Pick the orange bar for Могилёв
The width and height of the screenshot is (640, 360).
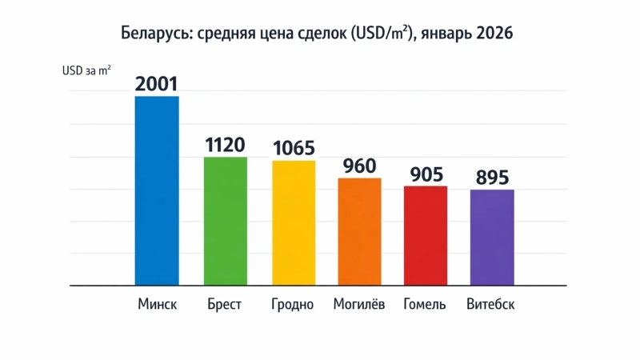click(359, 231)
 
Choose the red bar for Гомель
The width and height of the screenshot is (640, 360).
click(426, 235)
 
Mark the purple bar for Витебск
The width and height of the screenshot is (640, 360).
click(492, 237)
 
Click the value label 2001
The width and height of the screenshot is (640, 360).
click(156, 84)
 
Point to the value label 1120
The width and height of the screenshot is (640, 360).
click(225, 145)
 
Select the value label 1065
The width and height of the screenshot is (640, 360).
click(294, 148)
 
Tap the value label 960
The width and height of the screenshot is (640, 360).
click(359, 166)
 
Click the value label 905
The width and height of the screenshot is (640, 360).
click(426, 174)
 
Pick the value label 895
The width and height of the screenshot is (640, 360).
click(492, 178)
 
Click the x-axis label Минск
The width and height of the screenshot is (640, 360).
click(157, 305)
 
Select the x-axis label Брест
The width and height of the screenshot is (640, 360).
click(224, 305)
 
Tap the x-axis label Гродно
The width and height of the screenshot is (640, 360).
click(293, 306)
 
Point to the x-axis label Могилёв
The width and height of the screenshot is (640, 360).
click(359, 305)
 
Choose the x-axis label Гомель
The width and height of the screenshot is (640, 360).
click(425, 305)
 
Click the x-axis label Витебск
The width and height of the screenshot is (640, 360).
click(490, 305)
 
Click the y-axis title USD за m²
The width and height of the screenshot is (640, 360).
click(86, 70)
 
